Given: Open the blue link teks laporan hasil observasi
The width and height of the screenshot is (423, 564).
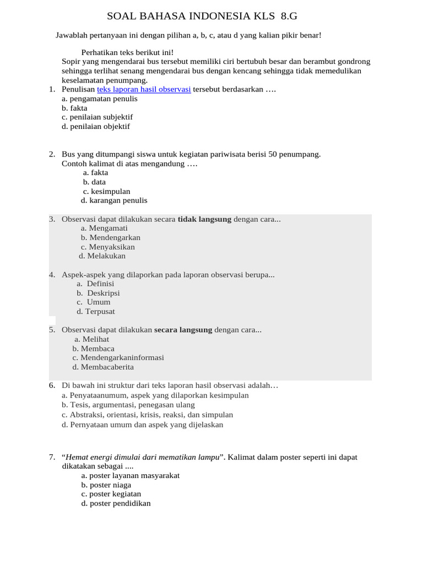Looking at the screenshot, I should coord(144,89).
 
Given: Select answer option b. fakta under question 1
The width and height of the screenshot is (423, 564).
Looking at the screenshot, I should coord(74,108).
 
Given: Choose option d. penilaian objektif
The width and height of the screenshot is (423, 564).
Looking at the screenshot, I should coord(96,126).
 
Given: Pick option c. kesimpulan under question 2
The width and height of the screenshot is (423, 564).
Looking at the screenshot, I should coord(107,191).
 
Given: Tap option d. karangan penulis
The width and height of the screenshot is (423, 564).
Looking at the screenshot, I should coord(114,200).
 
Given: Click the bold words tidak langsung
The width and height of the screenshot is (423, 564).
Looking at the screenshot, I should coord(204,219).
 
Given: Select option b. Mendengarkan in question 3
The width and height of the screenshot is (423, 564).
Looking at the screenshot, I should coord(111,237).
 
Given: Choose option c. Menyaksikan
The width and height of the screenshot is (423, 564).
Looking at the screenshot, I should coord(108,247).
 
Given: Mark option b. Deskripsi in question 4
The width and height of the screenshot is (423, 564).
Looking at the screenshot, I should coord(99,293).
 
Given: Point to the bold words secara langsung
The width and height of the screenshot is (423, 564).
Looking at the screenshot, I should coord(183,330).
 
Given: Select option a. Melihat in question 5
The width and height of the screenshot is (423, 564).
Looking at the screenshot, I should coord(92,339).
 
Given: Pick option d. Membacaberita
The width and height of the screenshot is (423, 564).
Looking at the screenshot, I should coord(103,367).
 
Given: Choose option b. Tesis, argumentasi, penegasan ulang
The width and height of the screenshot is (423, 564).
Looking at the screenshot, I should coord(128,405).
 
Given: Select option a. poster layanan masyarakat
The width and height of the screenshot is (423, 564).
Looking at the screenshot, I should coord(131,475).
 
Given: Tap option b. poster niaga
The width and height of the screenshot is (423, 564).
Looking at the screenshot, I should coord(106,485).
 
